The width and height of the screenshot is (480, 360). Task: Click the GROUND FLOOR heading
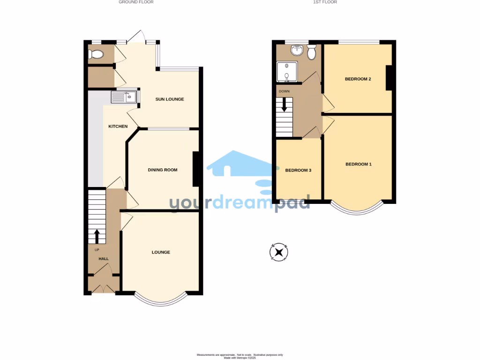point(136,2)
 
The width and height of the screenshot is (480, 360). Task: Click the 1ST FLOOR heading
point(325,2)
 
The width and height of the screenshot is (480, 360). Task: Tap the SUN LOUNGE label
point(170,99)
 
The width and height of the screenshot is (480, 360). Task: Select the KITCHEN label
point(118,127)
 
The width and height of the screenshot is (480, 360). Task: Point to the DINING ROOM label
point(163,170)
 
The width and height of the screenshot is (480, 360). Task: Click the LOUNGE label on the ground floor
point(161,252)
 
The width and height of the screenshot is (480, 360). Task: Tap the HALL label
point(103,258)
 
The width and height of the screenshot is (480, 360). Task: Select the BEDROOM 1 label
point(358,164)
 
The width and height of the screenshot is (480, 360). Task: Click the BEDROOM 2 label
point(358,79)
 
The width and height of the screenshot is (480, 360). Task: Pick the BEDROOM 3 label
point(298,170)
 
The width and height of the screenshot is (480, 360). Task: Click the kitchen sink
point(124,97)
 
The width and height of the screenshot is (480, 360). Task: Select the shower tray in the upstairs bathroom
point(286,72)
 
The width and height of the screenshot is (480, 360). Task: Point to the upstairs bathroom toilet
point(311,53)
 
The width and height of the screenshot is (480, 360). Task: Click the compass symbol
point(279,252)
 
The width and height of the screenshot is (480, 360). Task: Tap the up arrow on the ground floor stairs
point(97,236)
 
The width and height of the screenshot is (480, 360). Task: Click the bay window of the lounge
point(160,300)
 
